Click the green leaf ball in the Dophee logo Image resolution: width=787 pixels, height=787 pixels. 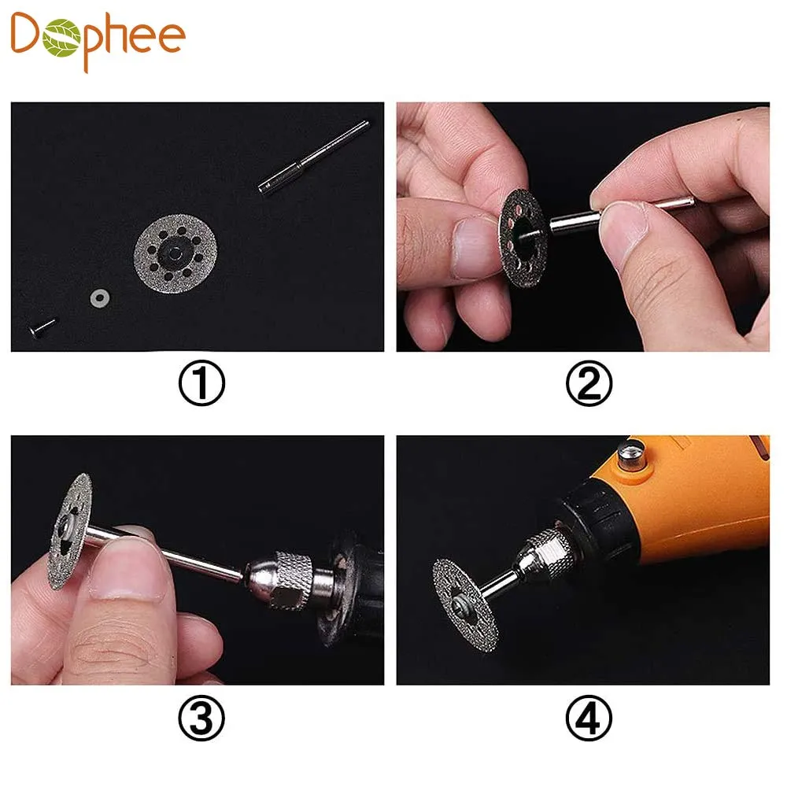click(x=61, y=38)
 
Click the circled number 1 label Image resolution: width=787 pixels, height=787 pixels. click(x=201, y=383)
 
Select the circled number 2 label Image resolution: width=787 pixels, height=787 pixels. click(x=589, y=383)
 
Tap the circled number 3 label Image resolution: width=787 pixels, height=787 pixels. click(x=201, y=718)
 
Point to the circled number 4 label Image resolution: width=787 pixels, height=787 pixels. click(x=589, y=718)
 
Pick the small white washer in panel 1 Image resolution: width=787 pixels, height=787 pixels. click(x=100, y=298)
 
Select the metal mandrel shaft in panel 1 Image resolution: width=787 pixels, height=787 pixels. click(x=314, y=157)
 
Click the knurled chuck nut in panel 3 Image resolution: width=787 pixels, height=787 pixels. click(x=289, y=580)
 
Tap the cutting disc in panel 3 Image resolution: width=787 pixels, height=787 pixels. click(x=68, y=531)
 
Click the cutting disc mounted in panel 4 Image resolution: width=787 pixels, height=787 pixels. click(x=465, y=604)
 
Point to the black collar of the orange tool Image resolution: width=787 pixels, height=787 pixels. click(x=595, y=522)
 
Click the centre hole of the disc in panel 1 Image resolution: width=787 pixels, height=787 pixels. click(x=174, y=254)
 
